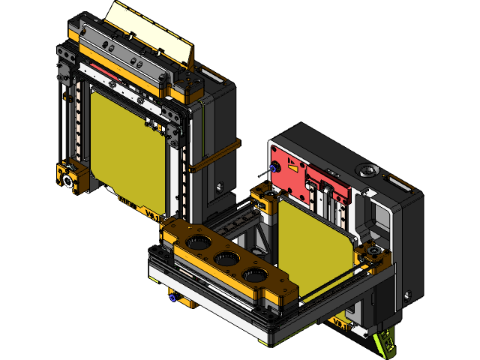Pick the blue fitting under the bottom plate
(x=172, y=297)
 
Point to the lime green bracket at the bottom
(x=384, y=341)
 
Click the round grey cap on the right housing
(x=366, y=168)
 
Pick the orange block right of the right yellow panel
(x=373, y=256)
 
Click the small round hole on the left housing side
(x=220, y=184)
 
